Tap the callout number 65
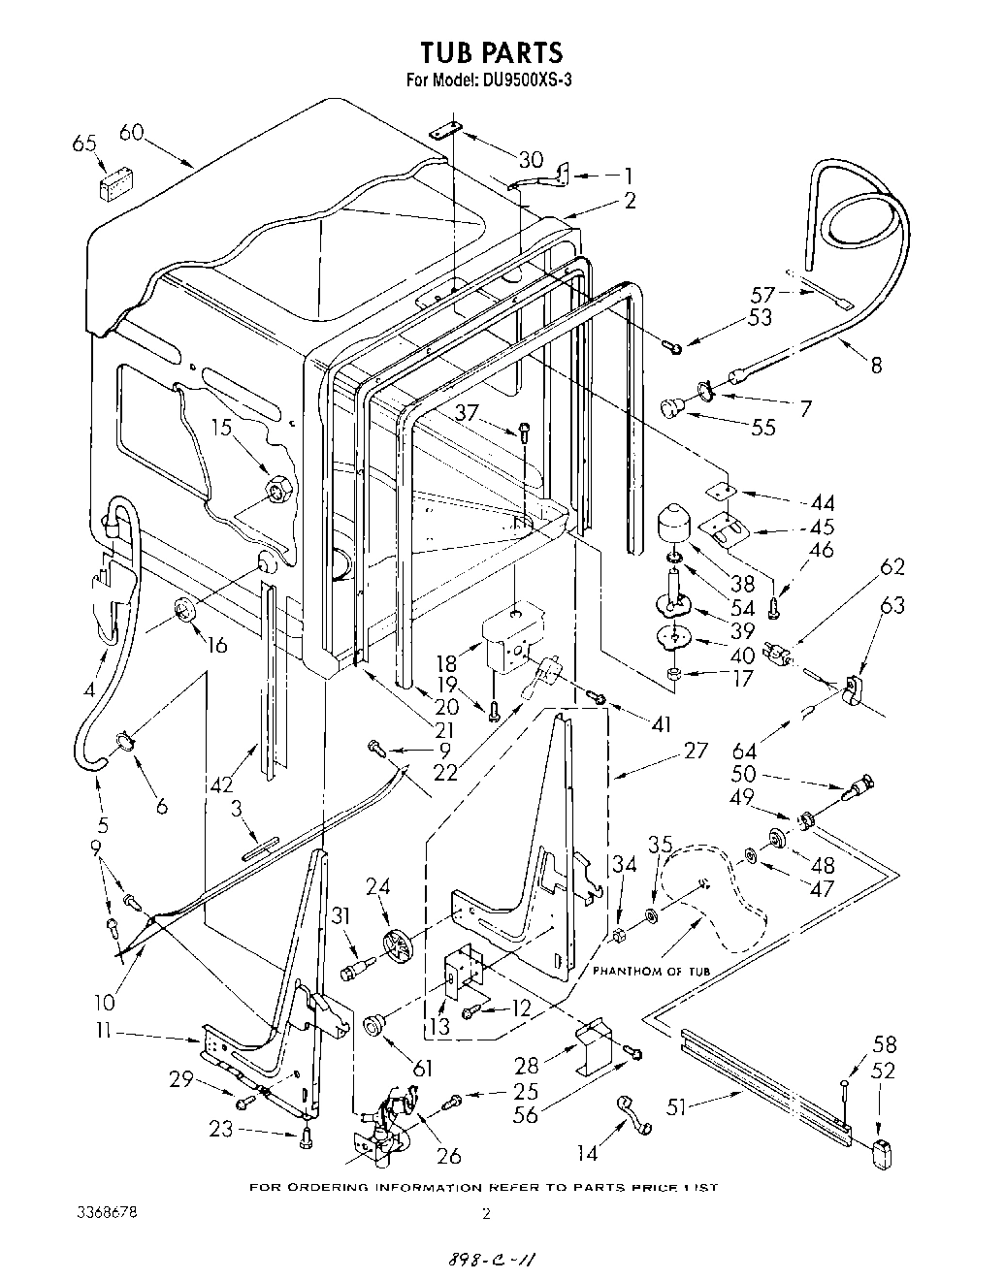pos(84,144)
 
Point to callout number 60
pos(131,133)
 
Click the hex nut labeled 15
pos(276,490)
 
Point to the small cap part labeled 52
pos(883,1155)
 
